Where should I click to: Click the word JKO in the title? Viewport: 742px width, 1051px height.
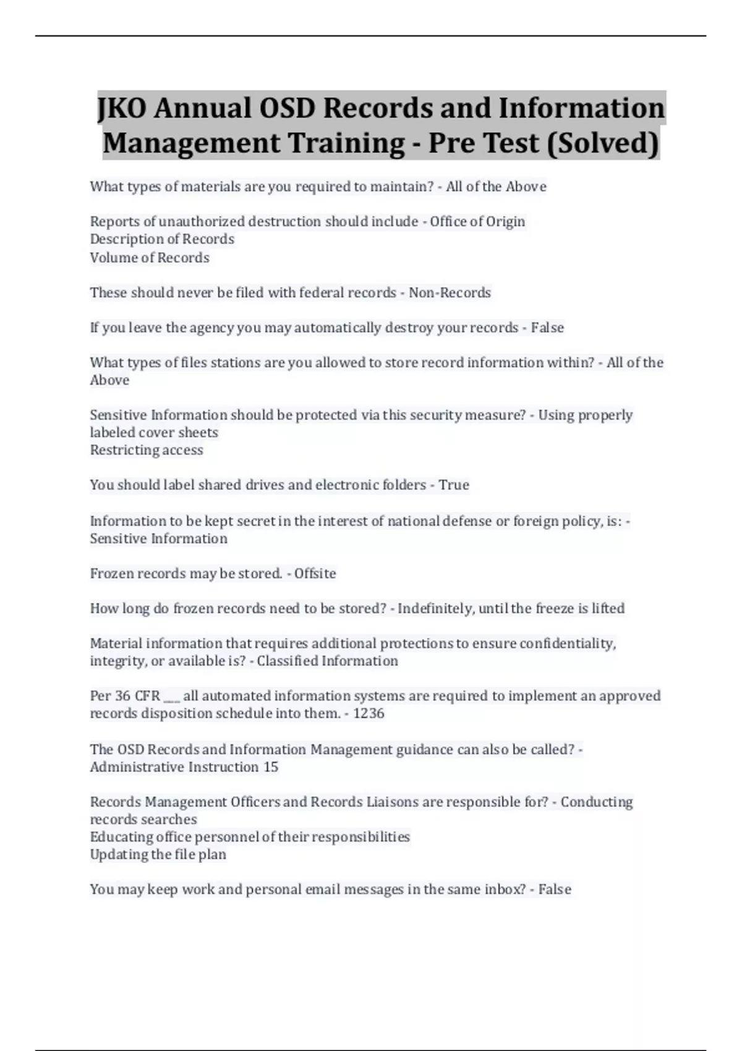click(x=122, y=108)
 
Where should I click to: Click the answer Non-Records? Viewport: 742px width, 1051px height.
click(x=450, y=292)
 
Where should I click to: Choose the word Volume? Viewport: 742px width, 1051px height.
click(x=112, y=257)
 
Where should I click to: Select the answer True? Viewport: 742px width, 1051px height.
click(x=454, y=485)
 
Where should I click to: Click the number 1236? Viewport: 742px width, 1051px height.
click(x=369, y=713)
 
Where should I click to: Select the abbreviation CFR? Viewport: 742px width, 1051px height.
click(x=147, y=696)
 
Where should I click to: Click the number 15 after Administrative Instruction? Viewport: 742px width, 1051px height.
click(x=271, y=767)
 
